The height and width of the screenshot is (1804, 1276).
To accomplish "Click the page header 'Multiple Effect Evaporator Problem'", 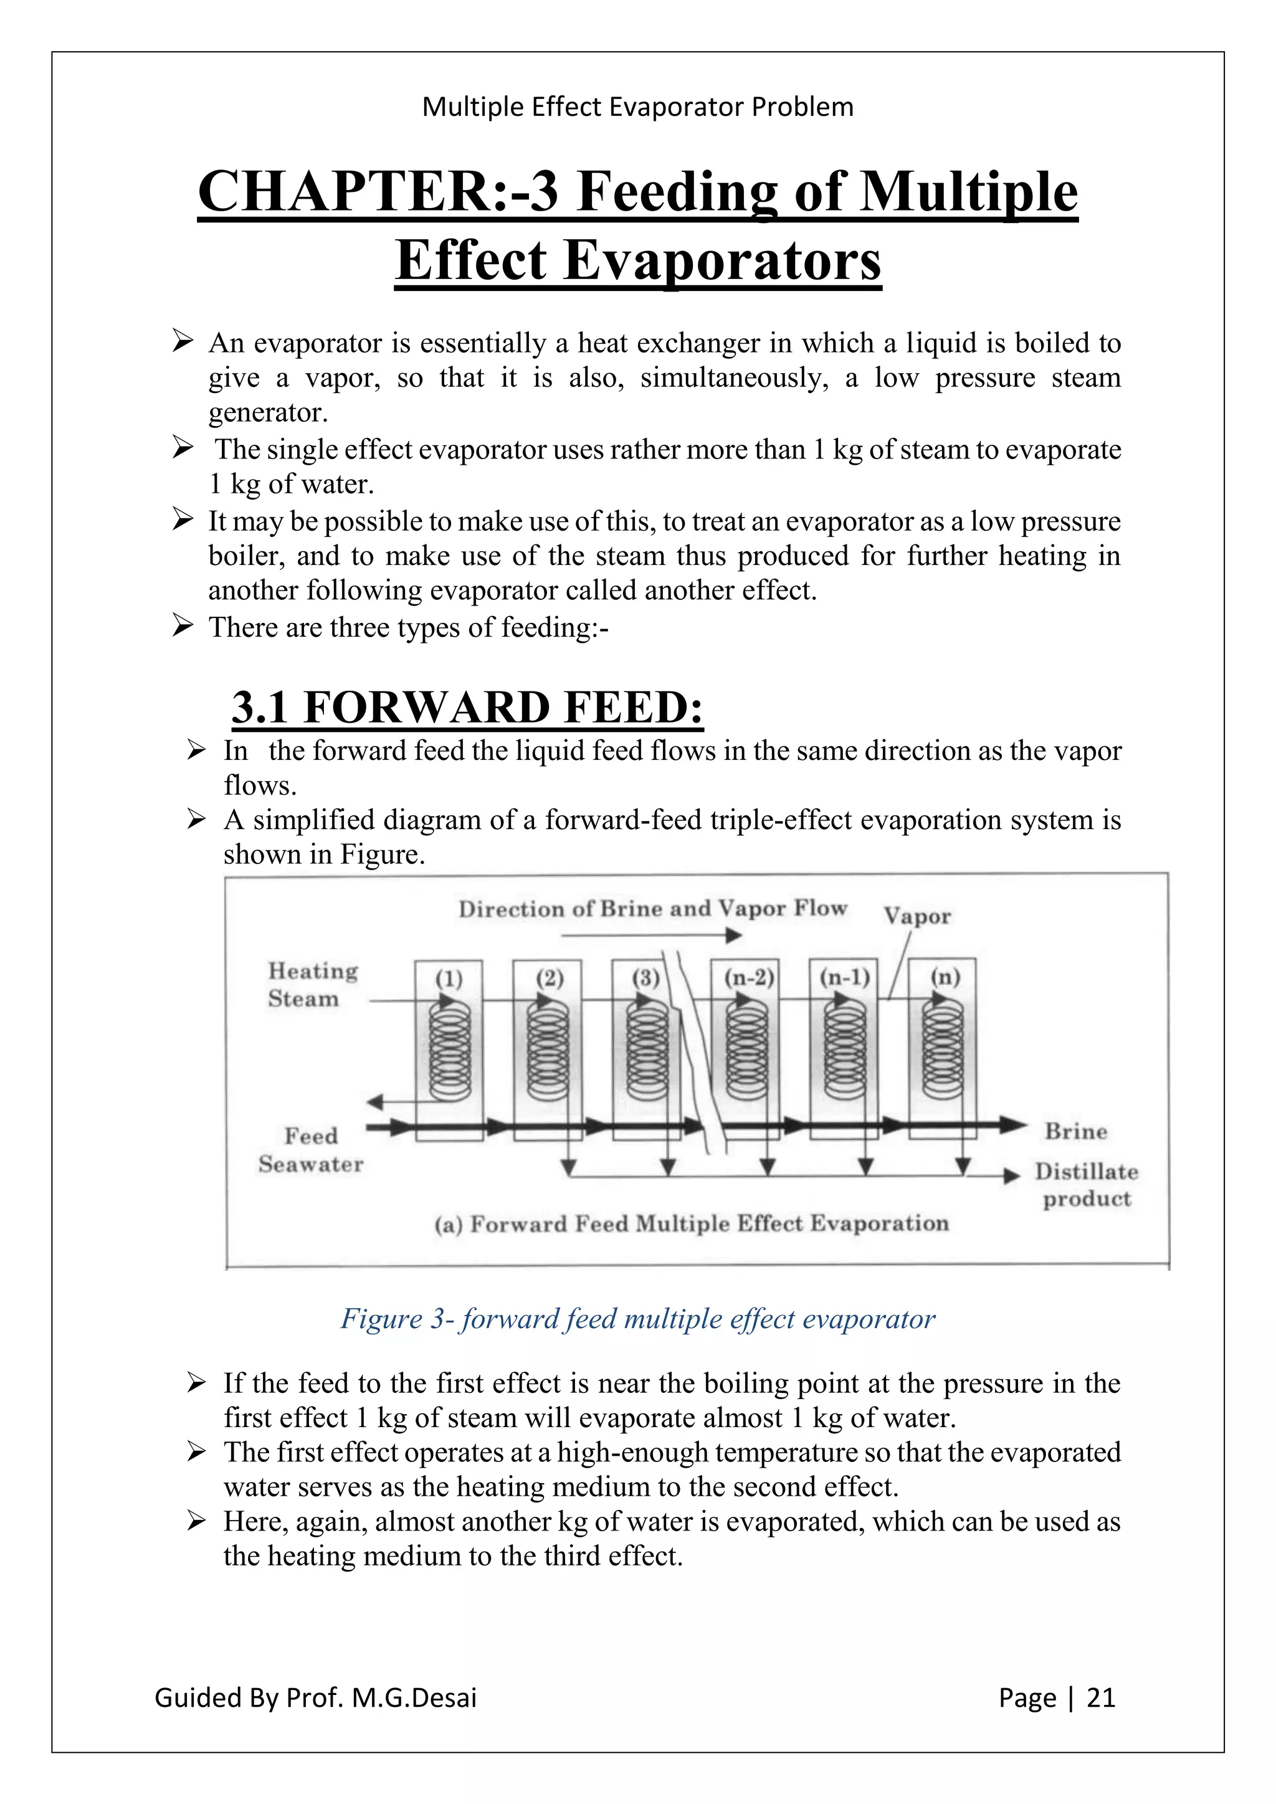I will pyautogui.click(x=637, y=107).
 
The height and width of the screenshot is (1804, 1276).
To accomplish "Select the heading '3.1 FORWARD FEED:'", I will pyautogui.click(x=467, y=707).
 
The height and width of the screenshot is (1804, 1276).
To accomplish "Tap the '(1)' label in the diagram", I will pyautogui.click(x=449, y=979).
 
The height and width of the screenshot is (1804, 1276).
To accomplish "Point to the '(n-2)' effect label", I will pyautogui.click(x=748, y=978).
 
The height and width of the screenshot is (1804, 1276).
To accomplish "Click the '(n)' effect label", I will pyautogui.click(x=945, y=977).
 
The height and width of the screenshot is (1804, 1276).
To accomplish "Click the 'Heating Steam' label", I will pyautogui.click(x=312, y=984).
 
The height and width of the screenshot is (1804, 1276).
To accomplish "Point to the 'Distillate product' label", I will pyautogui.click(x=1086, y=1185).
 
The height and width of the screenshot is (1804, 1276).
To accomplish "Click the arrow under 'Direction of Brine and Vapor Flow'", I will pyautogui.click(x=651, y=936).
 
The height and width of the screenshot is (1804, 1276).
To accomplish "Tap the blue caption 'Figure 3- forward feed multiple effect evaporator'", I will pyautogui.click(x=637, y=1319).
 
